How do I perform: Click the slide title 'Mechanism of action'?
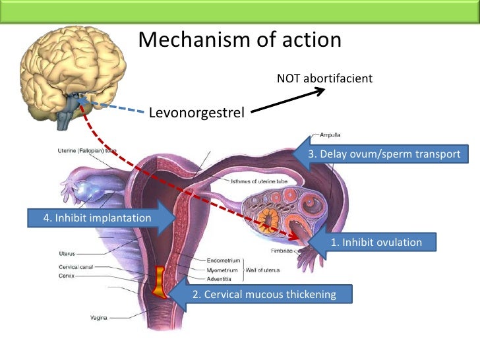[240, 40]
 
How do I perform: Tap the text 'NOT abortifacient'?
[324, 78]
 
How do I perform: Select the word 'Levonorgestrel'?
[196, 113]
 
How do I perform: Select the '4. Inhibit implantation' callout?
[98, 218]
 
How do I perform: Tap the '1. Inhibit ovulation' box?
[376, 243]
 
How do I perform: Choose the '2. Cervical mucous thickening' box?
[264, 294]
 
